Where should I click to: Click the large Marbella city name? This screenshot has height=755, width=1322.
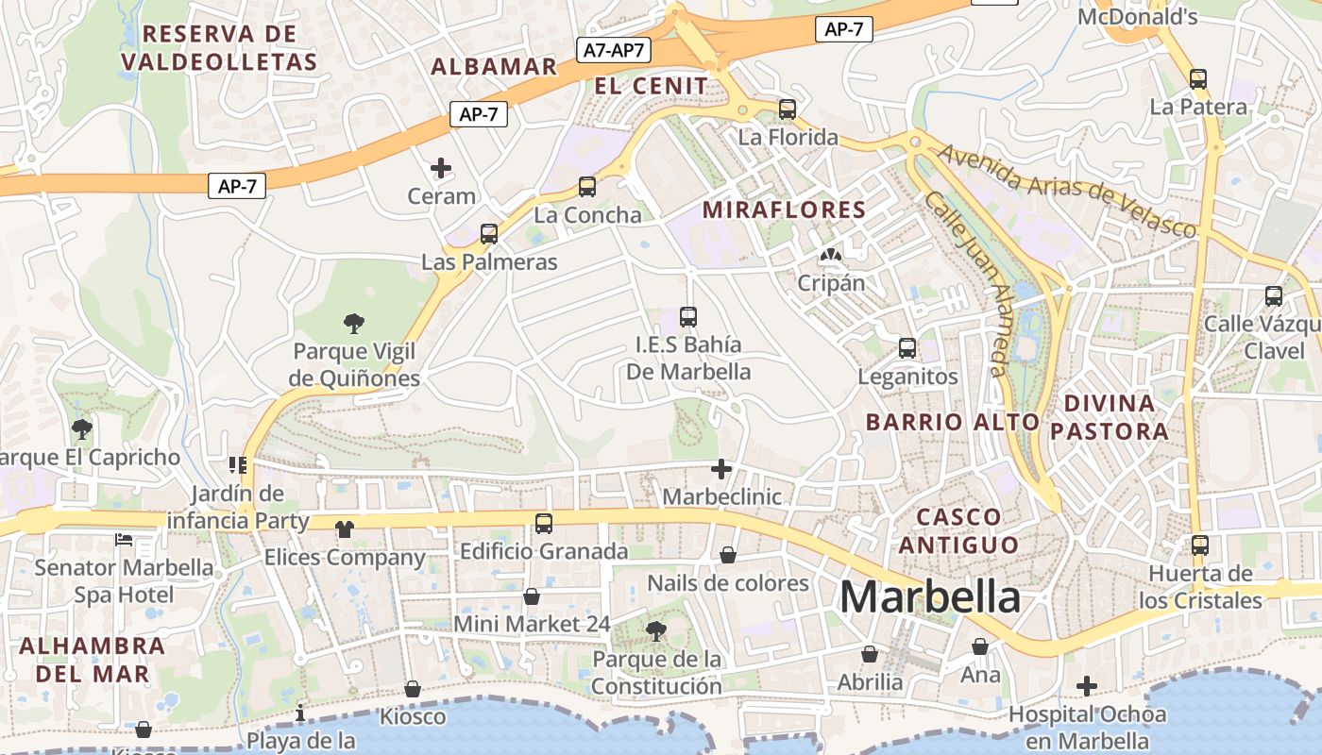[x=929, y=597]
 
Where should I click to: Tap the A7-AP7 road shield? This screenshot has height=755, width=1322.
[x=615, y=51]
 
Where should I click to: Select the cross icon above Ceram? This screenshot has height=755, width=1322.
[x=441, y=169]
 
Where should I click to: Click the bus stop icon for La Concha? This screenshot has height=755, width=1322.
[x=587, y=187]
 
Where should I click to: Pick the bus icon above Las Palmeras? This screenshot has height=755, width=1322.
[x=489, y=234]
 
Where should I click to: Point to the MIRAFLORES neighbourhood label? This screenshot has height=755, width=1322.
[x=784, y=210]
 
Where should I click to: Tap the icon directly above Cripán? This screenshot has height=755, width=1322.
[x=831, y=254]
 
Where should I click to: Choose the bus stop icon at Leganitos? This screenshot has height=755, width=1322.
[x=907, y=348]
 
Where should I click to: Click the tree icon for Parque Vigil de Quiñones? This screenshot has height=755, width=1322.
[x=354, y=325]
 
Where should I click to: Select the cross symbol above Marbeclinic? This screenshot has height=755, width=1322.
[x=721, y=469]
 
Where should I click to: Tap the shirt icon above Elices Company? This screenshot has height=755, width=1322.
[x=344, y=529]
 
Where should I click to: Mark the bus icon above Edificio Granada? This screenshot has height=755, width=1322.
[x=544, y=523]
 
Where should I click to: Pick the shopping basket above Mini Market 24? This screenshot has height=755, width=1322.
[x=532, y=596]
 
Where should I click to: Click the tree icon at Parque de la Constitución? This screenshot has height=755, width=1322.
[x=656, y=630]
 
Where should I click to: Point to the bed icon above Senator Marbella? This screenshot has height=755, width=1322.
[x=124, y=541]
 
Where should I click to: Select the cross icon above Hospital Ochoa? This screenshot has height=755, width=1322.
[x=1087, y=686]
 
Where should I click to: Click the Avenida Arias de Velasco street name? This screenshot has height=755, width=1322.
[x=1067, y=191]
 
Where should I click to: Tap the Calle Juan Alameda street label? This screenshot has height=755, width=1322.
[x=967, y=284]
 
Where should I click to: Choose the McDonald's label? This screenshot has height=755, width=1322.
[x=1137, y=17]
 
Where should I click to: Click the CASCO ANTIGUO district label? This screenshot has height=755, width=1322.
[x=958, y=530]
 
